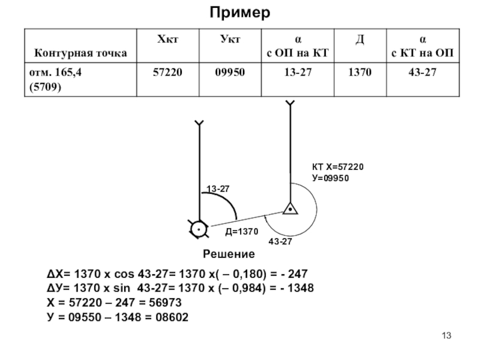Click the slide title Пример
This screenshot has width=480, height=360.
(x=240, y=12)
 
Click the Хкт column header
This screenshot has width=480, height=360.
(x=168, y=40)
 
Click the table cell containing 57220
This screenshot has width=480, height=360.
(x=168, y=72)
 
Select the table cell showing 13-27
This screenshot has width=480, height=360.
(x=298, y=72)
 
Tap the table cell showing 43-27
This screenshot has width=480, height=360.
(x=422, y=72)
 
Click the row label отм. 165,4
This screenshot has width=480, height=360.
(x=55, y=73)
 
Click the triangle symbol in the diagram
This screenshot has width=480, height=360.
(x=290, y=209)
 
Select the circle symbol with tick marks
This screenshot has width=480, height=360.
(x=197, y=229)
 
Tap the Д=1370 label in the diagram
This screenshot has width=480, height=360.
(x=241, y=230)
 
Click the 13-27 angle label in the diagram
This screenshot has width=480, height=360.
(x=218, y=189)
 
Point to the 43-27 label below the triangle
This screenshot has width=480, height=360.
(x=280, y=241)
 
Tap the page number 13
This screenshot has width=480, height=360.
(x=445, y=334)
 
